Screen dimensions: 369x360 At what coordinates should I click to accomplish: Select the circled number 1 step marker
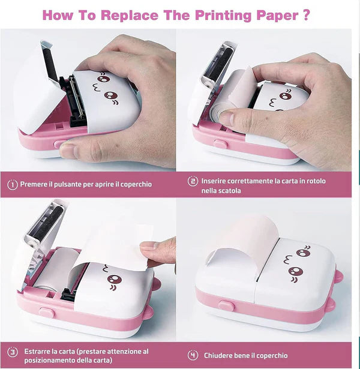[x=12, y=185]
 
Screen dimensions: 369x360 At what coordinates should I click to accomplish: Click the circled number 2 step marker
[x=193, y=181]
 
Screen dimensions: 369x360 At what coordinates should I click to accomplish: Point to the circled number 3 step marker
[x=12, y=352]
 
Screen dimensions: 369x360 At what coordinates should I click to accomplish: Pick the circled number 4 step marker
[x=193, y=355]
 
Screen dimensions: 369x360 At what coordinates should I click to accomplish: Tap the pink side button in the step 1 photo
[x=59, y=144]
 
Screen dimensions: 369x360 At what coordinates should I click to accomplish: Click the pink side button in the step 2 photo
[x=220, y=144]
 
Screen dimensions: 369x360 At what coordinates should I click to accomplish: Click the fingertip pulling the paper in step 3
[x=148, y=245]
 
